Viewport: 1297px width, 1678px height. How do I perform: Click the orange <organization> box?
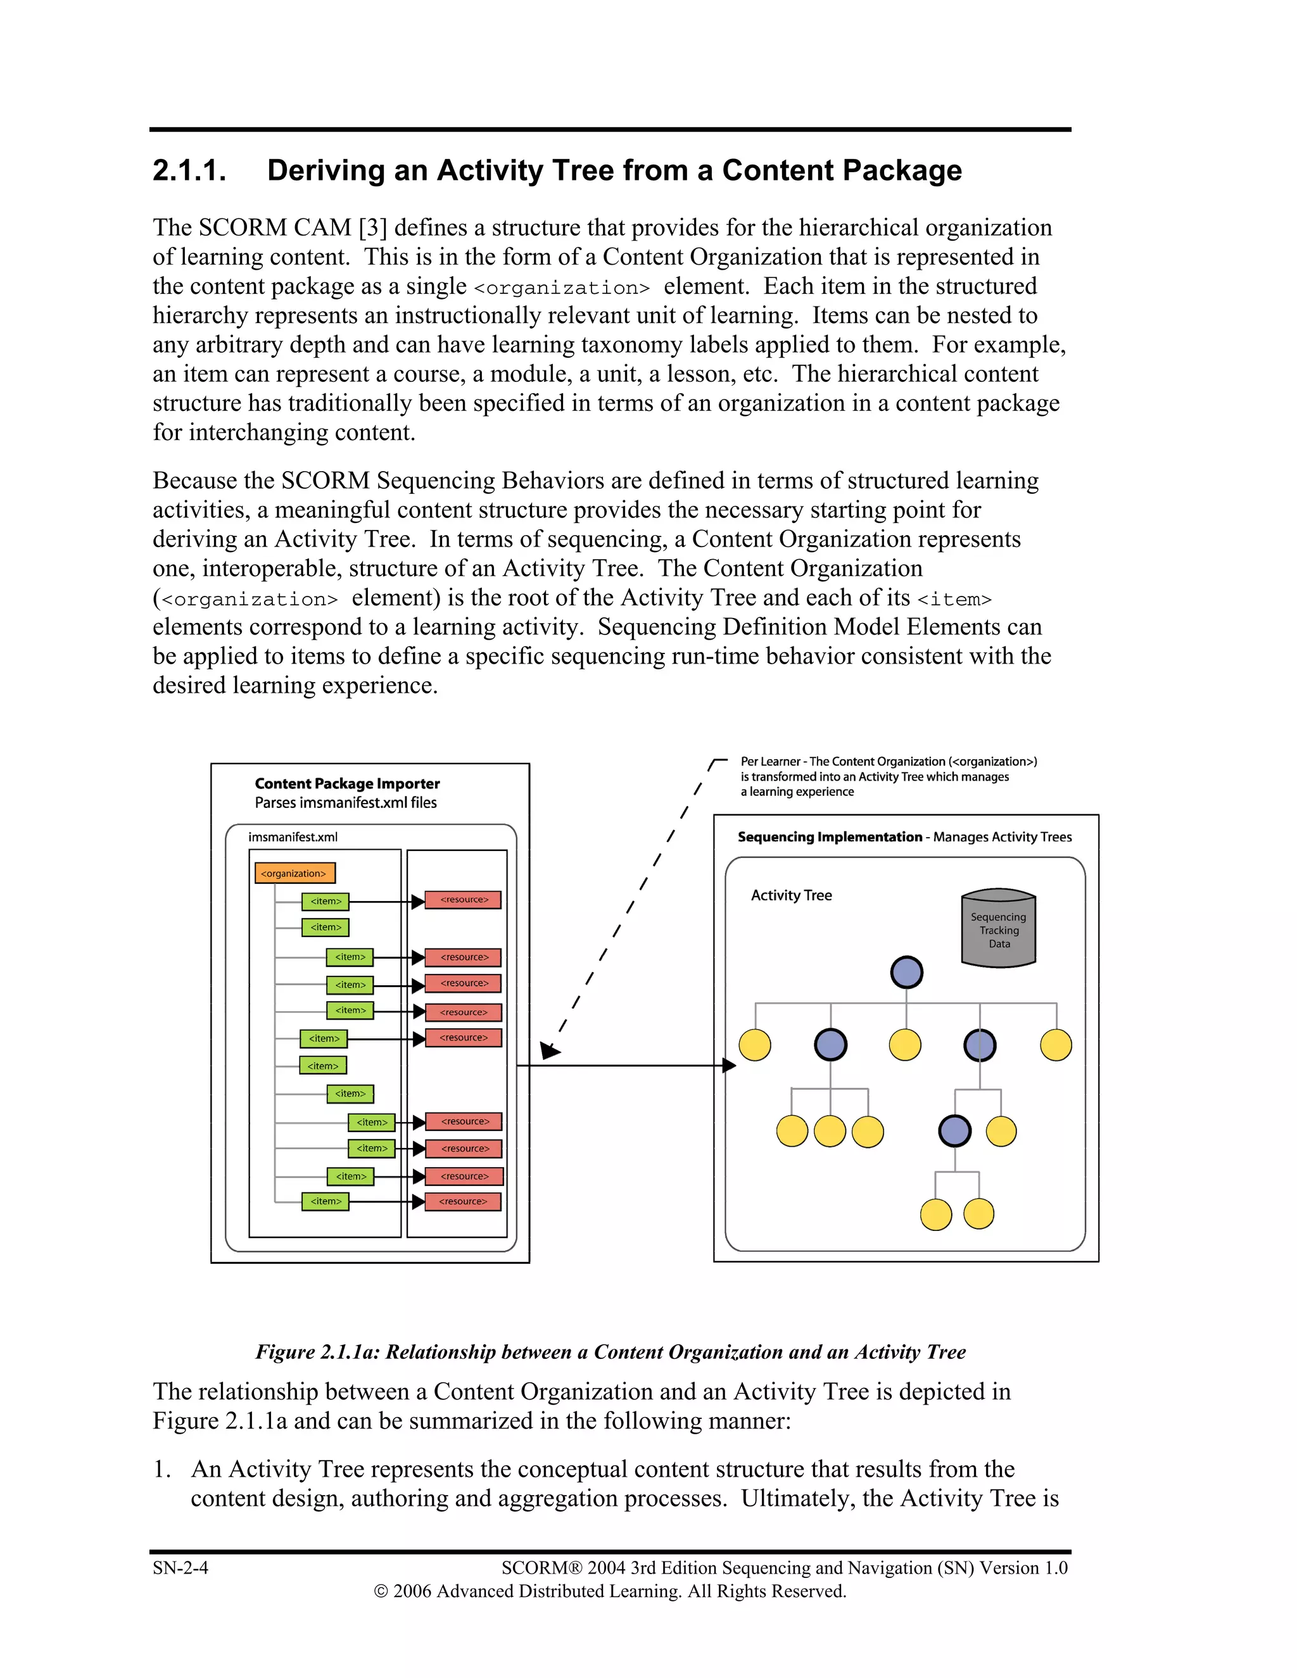coord(294,873)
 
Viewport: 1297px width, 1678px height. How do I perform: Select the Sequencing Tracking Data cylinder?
coord(998,928)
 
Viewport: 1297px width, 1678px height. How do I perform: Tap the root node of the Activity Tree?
coord(907,972)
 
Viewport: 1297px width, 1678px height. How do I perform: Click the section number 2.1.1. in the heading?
coord(189,170)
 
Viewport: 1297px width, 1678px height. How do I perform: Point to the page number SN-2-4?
coord(180,1567)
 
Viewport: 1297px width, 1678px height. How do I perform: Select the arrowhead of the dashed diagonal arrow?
coord(549,1050)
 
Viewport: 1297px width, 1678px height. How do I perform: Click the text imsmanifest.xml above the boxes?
coord(293,836)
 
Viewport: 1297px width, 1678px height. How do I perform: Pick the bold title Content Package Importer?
coord(347,784)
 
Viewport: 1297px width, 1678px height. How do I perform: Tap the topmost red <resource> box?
coord(464,900)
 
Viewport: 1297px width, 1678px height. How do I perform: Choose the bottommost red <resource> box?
coord(464,1201)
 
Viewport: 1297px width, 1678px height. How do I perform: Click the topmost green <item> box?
coord(325,901)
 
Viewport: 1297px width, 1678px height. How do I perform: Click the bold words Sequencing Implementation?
coord(829,836)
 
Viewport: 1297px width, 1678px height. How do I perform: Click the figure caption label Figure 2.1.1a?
coord(317,1353)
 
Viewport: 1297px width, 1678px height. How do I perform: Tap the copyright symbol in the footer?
coord(381,1591)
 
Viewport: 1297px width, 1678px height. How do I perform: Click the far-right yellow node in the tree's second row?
coord(1056,1045)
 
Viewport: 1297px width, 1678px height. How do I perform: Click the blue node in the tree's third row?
coord(954,1131)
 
